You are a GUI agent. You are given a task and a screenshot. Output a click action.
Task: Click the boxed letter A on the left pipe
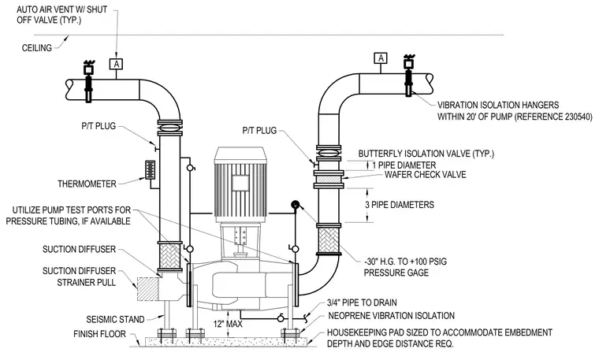click(x=116, y=64)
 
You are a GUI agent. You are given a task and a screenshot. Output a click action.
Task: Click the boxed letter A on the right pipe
click(x=381, y=58)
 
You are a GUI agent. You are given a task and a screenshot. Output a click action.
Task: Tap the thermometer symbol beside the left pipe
click(x=150, y=170)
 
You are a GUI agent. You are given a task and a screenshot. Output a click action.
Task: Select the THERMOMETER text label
click(x=87, y=184)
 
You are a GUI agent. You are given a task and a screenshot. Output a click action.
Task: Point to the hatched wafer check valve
click(x=329, y=179)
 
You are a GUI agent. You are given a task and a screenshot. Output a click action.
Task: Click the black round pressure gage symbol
click(x=296, y=205)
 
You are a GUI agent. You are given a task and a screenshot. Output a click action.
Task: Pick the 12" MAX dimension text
click(x=228, y=324)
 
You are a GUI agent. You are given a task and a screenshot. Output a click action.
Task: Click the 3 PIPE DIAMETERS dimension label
click(x=400, y=205)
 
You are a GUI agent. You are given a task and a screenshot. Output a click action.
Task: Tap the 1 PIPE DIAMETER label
click(x=404, y=165)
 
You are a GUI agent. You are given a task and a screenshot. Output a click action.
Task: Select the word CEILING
click(x=37, y=48)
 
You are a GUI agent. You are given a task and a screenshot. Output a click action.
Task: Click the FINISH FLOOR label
click(x=99, y=334)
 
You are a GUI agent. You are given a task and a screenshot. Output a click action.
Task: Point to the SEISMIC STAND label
click(x=115, y=319)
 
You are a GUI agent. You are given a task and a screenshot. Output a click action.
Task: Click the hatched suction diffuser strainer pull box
click(x=147, y=289)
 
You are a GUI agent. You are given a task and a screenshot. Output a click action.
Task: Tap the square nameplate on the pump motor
click(x=240, y=183)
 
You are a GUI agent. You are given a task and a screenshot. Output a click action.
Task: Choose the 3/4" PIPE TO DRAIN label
click(x=362, y=302)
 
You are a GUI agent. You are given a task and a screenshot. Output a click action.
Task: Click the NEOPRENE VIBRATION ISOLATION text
click(x=392, y=316)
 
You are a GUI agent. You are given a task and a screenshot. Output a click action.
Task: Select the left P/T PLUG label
click(x=99, y=126)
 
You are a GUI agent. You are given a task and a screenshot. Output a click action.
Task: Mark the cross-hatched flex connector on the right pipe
click(x=328, y=239)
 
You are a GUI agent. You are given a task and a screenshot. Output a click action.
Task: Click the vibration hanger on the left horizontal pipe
click(x=88, y=81)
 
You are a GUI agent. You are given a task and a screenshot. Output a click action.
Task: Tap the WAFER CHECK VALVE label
click(x=425, y=175)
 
